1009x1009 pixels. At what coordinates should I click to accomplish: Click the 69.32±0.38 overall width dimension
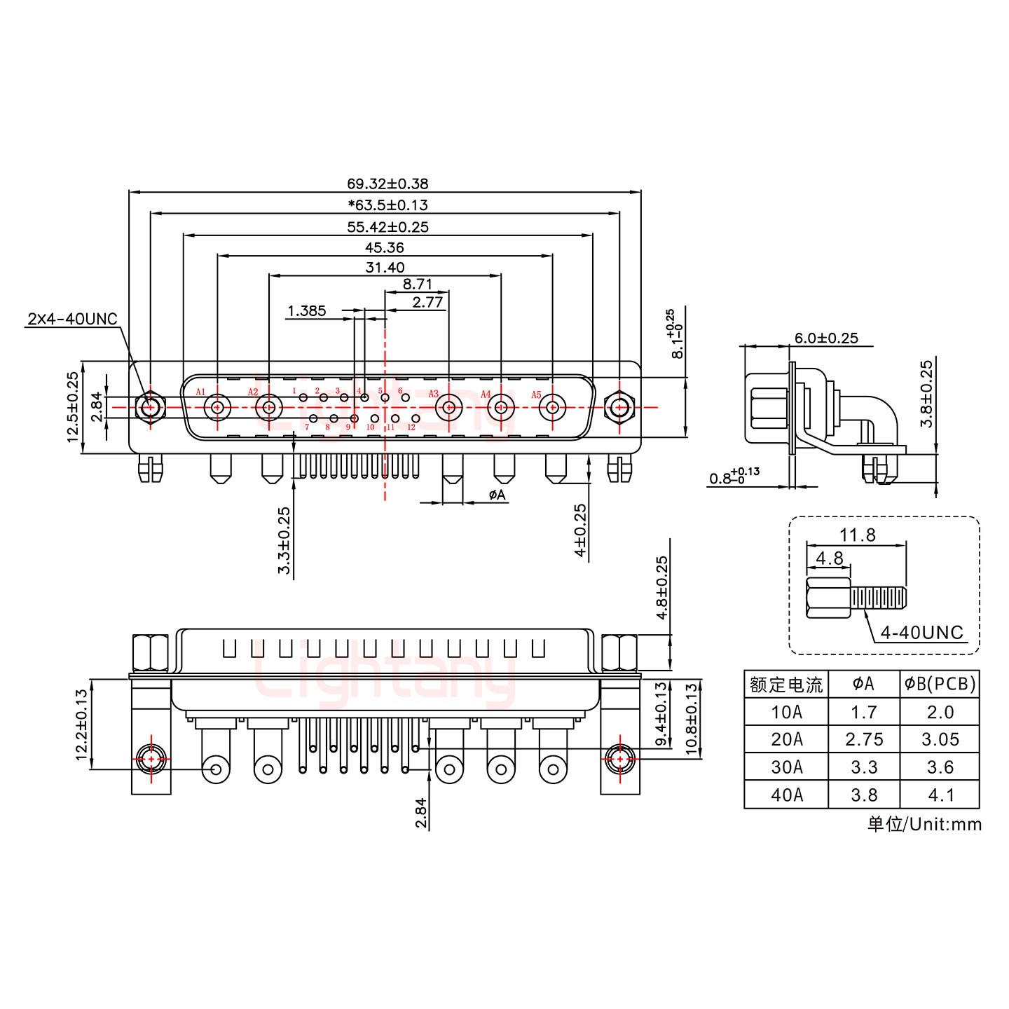pyautogui.click(x=387, y=184)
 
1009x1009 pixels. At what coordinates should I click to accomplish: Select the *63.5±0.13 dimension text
pyautogui.click(x=387, y=205)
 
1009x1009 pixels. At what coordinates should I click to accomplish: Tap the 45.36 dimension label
pyautogui.click(x=385, y=247)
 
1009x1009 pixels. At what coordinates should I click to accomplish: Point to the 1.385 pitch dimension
pyautogui.click(x=307, y=310)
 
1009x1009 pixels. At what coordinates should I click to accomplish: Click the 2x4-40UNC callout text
pyautogui.click(x=72, y=320)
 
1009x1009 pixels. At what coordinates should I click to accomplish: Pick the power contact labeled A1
pyautogui.click(x=217, y=407)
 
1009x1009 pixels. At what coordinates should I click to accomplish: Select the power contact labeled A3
pyautogui.click(x=449, y=407)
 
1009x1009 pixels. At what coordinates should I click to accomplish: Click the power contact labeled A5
pyautogui.click(x=552, y=407)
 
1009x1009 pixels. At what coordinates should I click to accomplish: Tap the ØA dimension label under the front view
pyautogui.click(x=497, y=495)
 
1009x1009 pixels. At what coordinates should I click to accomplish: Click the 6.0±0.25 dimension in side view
pyautogui.click(x=826, y=338)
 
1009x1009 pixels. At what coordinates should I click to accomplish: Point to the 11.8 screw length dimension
pyautogui.click(x=858, y=535)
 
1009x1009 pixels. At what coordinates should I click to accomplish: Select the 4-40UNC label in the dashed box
pyautogui.click(x=921, y=633)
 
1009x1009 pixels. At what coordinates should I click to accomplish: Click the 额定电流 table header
pyautogui.click(x=785, y=684)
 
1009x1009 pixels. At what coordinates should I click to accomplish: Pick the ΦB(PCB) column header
pyautogui.click(x=940, y=684)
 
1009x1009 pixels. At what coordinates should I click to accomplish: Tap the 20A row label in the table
pyautogui.click(x=785, y=739)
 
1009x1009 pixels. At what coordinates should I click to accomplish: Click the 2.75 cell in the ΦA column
pyautogui.click(x=863, y=739)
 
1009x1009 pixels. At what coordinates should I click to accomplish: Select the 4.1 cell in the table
pyautogui.click(x=940, y=795)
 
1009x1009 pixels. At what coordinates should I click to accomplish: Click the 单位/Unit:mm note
pyautogui.click(x=924, y=824)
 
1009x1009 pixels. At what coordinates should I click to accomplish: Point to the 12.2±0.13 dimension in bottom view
pyautogui.click(x=82, y=725)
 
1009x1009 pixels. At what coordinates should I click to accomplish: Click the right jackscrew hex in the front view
pyautogui.click(x=619, y=407)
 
